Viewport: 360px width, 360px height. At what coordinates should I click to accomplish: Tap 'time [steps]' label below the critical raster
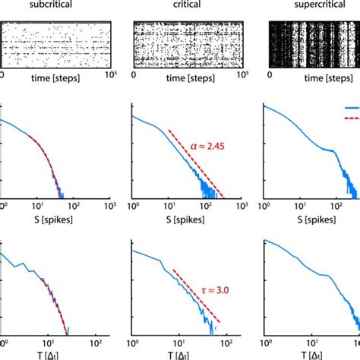pyautogui.click(x=185, y=77)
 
